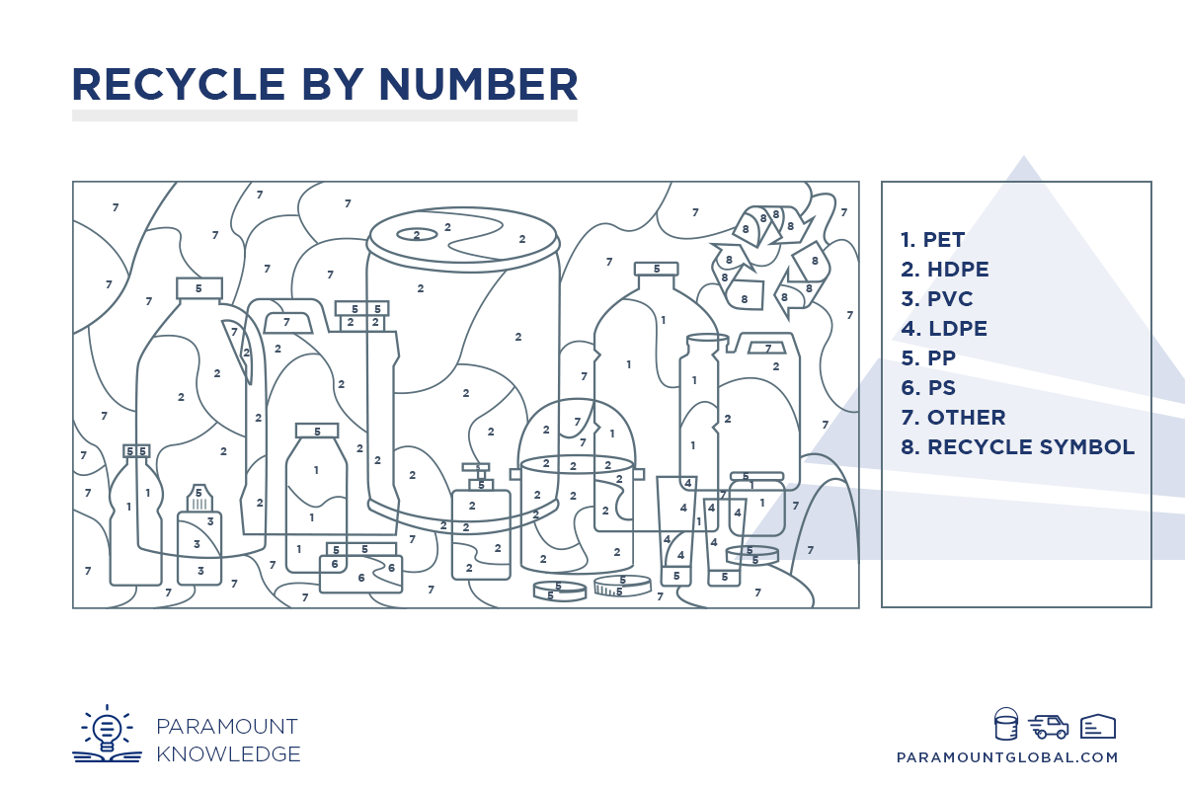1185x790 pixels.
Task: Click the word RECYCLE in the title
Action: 179,84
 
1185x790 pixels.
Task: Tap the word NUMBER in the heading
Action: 478,84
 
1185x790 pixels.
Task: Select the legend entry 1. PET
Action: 932,240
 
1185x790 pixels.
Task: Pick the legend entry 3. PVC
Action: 937,299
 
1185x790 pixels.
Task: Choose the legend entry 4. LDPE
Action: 944,329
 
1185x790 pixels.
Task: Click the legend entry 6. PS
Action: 928,388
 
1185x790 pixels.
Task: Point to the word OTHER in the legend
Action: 966,418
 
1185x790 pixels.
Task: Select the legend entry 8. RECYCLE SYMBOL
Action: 1018,447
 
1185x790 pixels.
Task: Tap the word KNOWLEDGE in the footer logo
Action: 228,754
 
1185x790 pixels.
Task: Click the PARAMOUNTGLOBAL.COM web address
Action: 1007,757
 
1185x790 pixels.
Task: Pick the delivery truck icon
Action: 1048,727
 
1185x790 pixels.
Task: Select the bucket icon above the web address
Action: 1005,723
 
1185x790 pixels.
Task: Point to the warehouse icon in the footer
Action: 1098,726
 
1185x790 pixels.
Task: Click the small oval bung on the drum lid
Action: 417,234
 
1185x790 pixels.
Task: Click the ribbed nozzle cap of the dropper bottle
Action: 199,498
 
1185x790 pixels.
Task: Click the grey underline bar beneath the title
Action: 325,116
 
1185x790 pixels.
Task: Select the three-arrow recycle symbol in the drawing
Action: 770,263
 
